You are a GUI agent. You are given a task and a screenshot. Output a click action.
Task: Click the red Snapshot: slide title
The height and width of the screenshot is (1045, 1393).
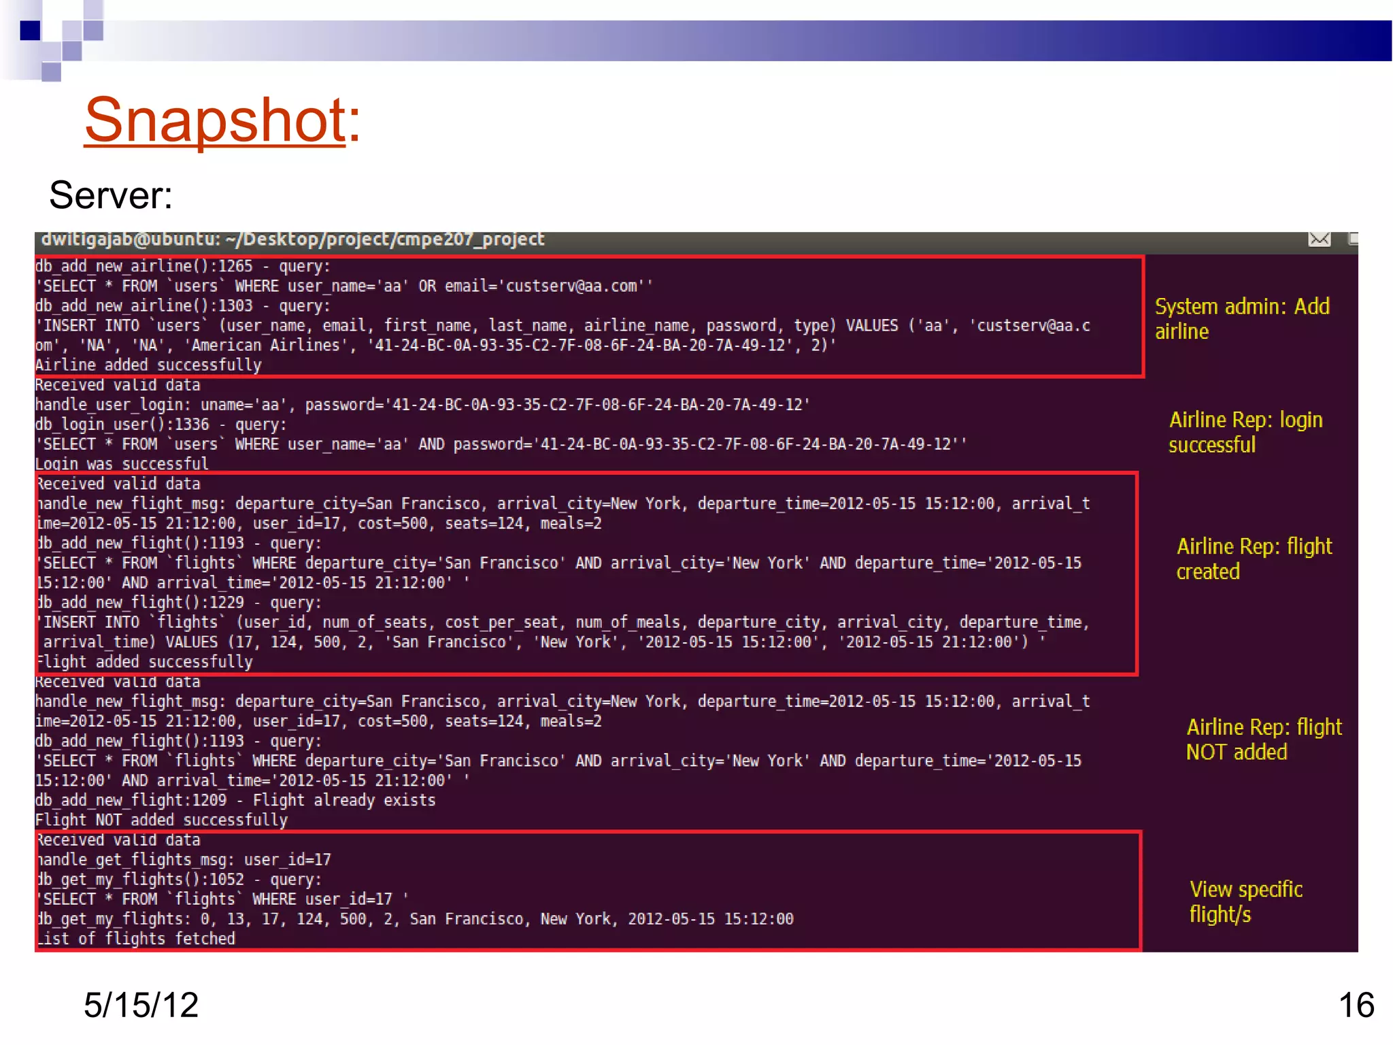point(222,120)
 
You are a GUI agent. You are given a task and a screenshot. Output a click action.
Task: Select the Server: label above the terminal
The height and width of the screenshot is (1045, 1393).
point(110,195)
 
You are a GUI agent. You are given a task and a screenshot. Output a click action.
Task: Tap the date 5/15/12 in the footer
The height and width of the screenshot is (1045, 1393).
point(141,1005)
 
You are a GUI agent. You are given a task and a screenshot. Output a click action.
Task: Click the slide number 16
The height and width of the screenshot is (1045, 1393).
point(1356,1005)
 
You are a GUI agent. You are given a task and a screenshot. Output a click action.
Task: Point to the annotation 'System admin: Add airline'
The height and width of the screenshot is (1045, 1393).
point(1241,318)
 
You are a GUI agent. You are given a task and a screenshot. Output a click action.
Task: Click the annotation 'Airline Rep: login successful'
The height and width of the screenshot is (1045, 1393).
point(1245,432)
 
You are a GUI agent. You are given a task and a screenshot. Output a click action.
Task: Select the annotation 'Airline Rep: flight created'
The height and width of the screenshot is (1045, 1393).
point(1254,559)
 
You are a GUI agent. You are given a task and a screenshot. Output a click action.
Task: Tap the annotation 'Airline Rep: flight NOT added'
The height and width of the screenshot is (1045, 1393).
point(1263,740)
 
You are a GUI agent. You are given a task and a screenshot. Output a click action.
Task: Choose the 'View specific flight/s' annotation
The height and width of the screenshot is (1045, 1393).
point(1245,901)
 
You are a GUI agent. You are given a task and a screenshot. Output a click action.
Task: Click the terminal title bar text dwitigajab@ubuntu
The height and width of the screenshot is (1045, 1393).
point(292,239)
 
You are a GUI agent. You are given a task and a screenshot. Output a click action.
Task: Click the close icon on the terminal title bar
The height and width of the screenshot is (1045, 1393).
point(1319,239)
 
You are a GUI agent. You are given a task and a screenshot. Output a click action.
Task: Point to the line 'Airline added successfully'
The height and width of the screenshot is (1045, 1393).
point(148,365)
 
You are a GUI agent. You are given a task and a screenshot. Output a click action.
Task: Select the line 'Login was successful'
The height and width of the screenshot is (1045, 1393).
point(122,464)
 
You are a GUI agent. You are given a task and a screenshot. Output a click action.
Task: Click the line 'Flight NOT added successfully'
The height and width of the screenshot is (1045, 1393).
point(161,820)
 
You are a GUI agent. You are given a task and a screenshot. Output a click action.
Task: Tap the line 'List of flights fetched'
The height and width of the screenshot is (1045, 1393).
point(136,939)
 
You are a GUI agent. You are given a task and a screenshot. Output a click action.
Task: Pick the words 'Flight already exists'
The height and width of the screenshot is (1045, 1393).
point(344,800)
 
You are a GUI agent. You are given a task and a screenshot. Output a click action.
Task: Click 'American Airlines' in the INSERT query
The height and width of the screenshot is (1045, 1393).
point(266,346)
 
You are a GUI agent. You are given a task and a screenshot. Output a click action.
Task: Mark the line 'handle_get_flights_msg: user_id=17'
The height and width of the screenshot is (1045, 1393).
point(184,860)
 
